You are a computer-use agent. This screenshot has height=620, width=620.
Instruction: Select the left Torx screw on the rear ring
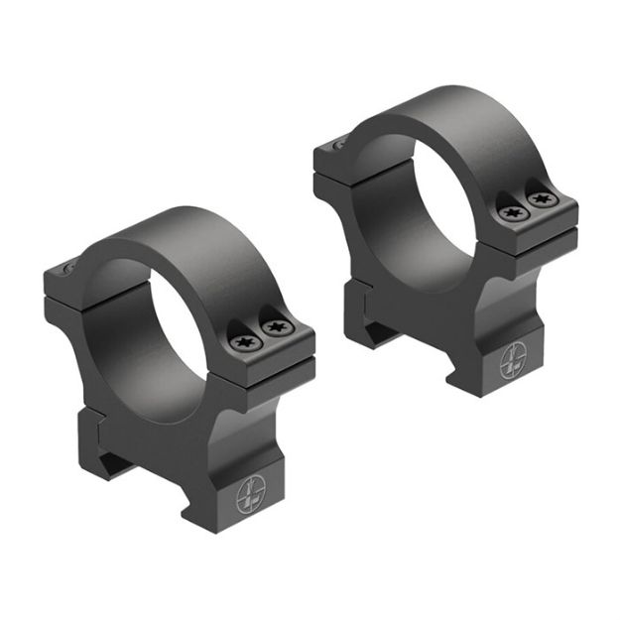click(511, 212)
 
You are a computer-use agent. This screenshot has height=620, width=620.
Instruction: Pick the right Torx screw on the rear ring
click(540, 199)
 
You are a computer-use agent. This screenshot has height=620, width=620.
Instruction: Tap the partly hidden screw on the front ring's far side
click(66, 269)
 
